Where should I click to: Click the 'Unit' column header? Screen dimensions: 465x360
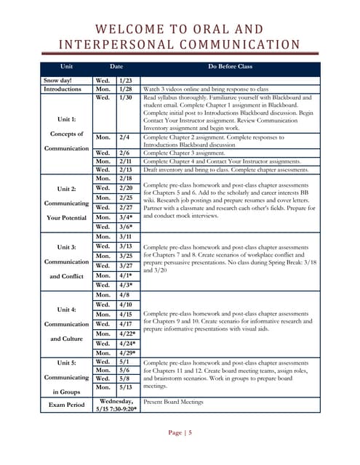point(67,66)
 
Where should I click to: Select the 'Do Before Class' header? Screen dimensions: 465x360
point(230,66)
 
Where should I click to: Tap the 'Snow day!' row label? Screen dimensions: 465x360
point(57,80)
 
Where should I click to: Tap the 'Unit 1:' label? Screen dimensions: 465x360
point(65,119)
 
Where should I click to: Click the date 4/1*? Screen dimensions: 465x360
point(127,276)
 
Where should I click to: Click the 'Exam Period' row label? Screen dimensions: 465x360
point(66,404)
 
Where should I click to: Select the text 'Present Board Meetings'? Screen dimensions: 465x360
point(173,400)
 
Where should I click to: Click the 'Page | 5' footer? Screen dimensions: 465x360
point(180,433)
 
